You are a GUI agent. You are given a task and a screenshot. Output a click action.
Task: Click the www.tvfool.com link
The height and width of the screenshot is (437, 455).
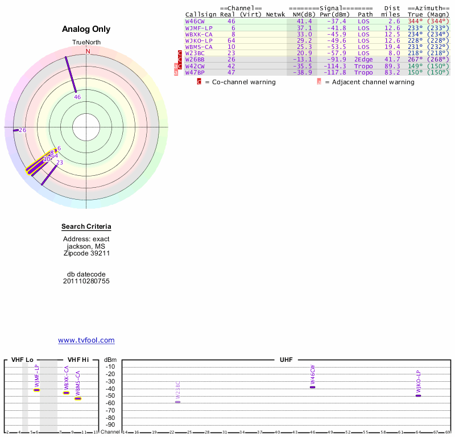coord(86,340)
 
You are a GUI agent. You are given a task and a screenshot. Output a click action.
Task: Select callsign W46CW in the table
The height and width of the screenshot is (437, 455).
coord(195,21)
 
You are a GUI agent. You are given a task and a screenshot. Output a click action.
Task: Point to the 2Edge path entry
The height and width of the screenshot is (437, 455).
coord(363,59)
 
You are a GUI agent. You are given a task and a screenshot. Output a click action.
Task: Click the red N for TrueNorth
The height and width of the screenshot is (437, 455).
coord(88,51)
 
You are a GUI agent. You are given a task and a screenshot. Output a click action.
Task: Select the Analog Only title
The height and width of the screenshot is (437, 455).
coord(86,30)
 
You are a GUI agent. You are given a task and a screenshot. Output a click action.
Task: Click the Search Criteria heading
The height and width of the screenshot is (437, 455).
coord(86,227)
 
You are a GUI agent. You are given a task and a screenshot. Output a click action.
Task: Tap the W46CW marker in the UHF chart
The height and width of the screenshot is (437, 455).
coord(312,387)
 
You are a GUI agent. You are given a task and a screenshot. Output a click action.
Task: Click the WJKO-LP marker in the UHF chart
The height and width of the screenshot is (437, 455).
coord(418,395)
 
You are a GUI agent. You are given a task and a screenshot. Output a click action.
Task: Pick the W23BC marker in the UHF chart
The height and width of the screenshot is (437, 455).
coord(178,402)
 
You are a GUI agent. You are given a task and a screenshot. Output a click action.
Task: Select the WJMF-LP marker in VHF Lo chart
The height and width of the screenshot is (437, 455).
coord(37,390)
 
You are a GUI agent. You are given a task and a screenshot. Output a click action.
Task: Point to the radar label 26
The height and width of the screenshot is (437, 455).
coord(22,130)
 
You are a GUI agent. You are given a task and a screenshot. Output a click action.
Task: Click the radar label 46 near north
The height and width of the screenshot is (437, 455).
coord(77,97)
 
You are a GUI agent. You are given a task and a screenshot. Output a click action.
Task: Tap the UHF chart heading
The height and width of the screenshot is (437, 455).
coord(286,360)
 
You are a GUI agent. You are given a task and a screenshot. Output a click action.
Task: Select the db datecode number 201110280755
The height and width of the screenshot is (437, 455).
coord(86,281)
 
